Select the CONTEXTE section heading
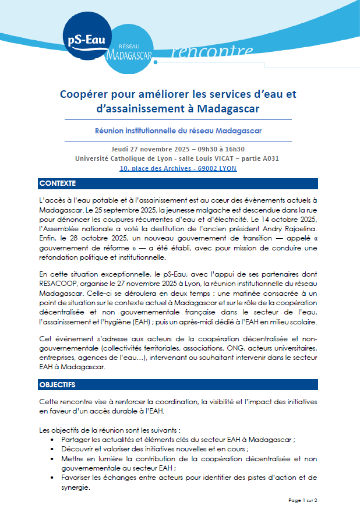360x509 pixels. tap(58, 183)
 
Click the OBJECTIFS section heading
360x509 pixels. tap(57, 386)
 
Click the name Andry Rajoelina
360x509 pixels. tap(291, 229)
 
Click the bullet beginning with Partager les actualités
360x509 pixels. tap(182, 440)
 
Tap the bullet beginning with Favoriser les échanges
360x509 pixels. tap(192, 478)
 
